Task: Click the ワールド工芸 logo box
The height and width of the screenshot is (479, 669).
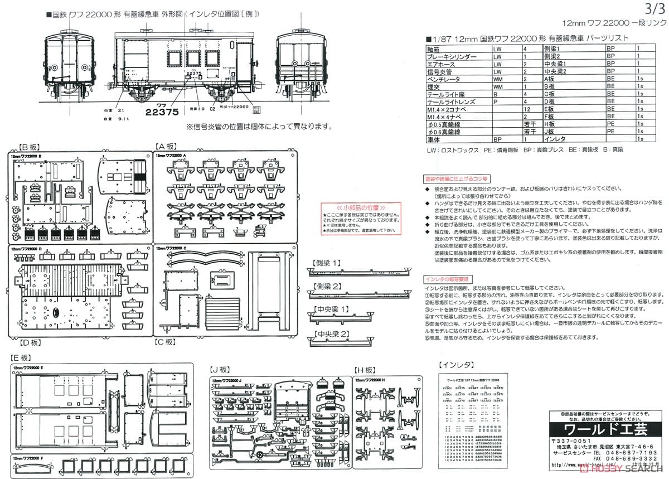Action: coord(598,430)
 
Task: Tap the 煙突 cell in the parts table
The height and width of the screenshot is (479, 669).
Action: coord(434,87)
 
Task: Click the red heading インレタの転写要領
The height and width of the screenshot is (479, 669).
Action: coord(448,277)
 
